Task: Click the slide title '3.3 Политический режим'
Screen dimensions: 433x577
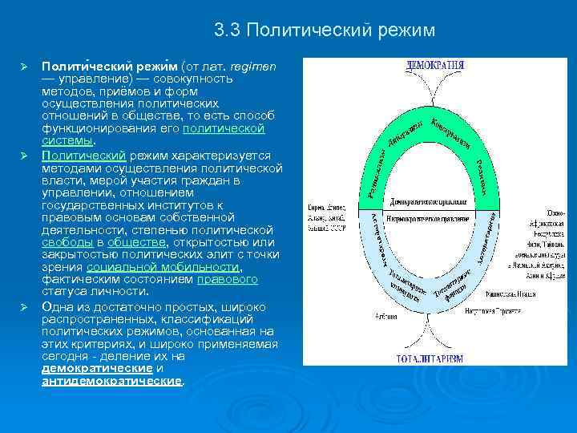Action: tap(325, 30)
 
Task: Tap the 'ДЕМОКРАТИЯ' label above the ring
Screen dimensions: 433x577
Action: tap(435, 64)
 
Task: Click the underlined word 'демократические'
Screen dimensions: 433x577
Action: tap(97, 367)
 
